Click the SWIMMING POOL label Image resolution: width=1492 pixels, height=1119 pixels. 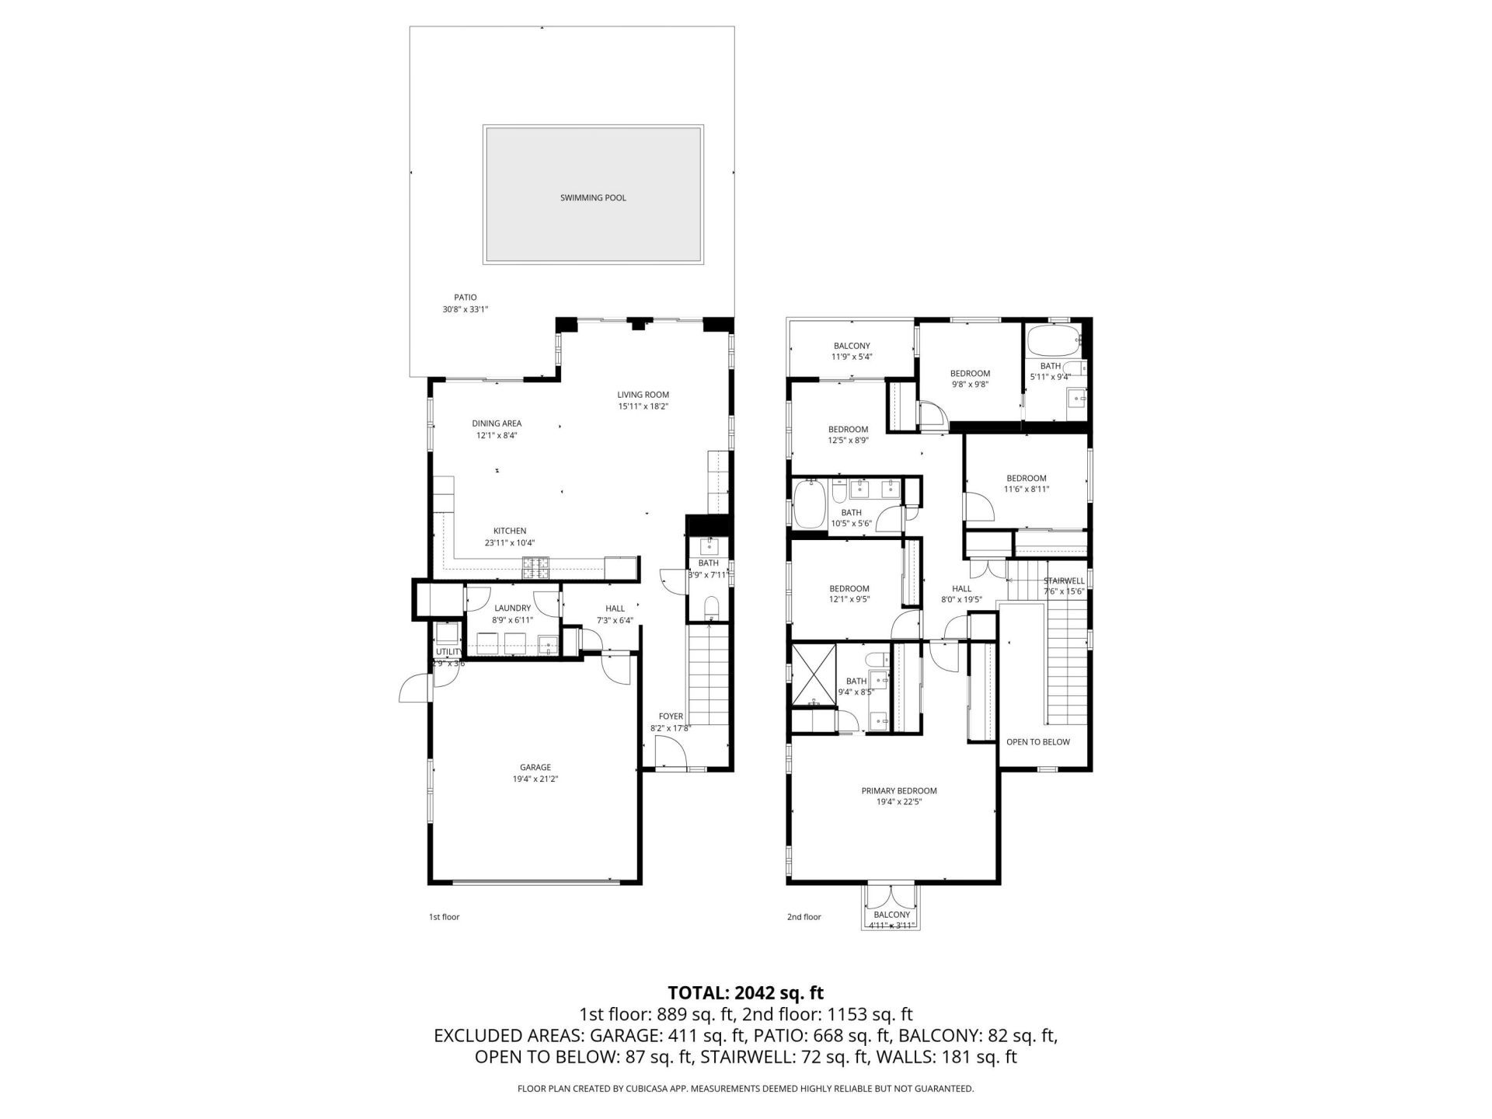(593, 198)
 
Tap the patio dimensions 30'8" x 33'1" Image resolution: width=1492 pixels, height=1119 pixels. (465, 309)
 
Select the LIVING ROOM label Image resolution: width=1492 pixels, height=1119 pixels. (643, 395)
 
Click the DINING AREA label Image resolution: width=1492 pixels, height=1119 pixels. (497, 424)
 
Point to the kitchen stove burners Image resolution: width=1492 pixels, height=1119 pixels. (536, 569)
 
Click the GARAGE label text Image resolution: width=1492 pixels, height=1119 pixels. (535, 767)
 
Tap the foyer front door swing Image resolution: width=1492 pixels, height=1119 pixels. (670, 753)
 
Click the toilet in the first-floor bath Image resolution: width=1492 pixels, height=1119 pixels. (710, 608)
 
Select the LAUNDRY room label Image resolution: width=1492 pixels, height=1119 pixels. (512, 608)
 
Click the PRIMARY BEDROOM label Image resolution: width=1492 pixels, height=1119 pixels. (898, 791)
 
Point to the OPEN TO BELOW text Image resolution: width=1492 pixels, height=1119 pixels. (1037, 742)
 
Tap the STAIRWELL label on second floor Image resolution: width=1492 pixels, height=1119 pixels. (1063, 581)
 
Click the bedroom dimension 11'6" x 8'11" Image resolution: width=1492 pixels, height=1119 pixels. (1026, 490)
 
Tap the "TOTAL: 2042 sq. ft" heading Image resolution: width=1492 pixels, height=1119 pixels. (745, 993)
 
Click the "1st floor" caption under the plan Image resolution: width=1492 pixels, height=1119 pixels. (444, 917)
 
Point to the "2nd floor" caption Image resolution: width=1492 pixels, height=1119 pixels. (804, 917)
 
